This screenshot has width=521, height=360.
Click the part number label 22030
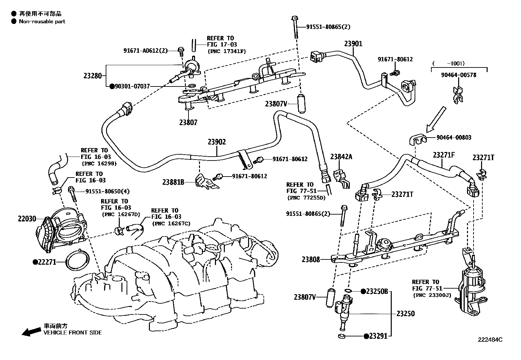(x=27, y=219)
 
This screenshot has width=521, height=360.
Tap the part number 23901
(x=353, y=44)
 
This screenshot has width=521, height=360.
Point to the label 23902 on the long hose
(x=217, y=142)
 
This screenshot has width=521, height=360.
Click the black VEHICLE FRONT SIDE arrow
(x=31, y=332)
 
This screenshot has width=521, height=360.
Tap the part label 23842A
(x=341, y=157)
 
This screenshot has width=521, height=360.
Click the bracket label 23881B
(x=173, y=182)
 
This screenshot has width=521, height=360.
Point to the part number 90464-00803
(x=454, y=137)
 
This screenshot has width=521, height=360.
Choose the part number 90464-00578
(x=459, y=75)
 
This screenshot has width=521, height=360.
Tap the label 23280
(x=93, y=76)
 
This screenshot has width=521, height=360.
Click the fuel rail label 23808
(x=311, y=259)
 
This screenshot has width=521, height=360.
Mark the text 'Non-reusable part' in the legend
(x=42, y=21)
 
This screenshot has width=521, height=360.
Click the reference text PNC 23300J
(x=432, y=295)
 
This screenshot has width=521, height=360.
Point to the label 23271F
(x=444, y=155)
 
